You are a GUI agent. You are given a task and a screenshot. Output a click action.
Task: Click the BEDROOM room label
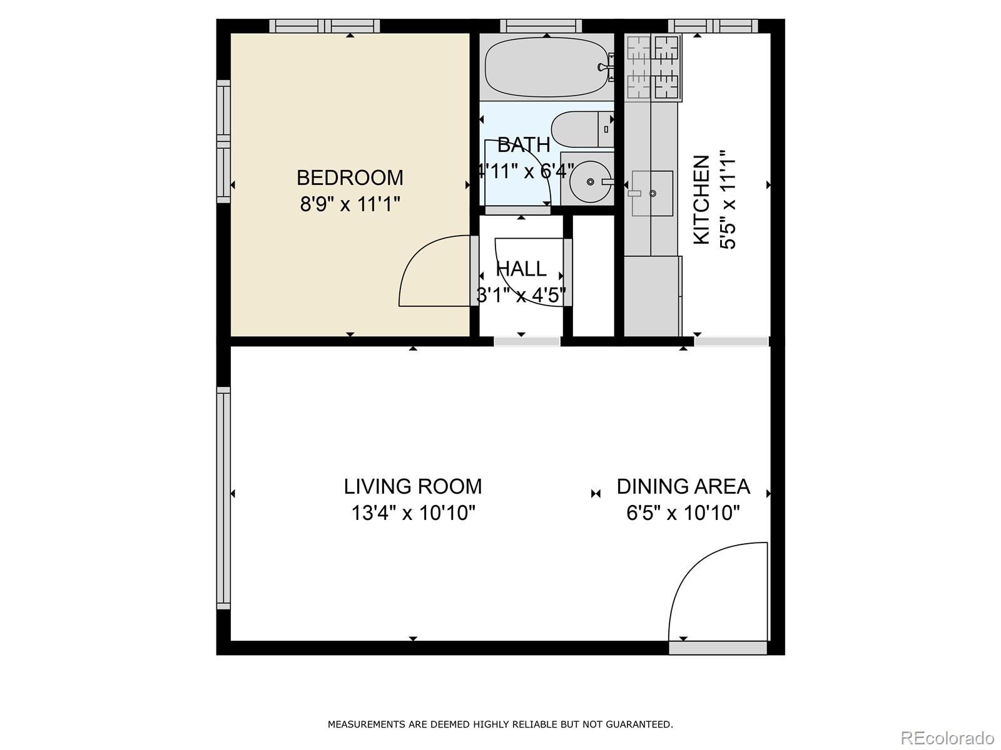coord(350,178)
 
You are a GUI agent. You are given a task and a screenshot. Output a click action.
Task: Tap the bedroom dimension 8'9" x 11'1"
coord(350,204)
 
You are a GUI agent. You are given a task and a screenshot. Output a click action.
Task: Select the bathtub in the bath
coord(546,68)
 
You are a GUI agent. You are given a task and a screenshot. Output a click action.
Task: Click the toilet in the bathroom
coord(582,129)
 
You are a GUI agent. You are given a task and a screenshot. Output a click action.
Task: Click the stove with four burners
coord(653,68)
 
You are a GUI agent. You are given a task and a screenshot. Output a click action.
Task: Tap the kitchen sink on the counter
coord(652,194)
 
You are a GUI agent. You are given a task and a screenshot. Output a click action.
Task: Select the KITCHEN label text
coord(701,200)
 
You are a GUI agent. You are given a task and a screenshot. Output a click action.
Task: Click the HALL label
coord(521,269)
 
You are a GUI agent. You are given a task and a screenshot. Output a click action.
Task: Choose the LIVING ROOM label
coord(413,486)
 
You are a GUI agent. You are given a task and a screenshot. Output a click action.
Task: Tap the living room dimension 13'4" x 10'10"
coord(413,513)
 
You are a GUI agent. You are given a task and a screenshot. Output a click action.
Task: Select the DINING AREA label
coord(683,486)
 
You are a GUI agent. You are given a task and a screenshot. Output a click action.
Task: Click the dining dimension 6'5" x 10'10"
coord(683,513)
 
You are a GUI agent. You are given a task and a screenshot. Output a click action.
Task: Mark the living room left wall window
coord(223,498)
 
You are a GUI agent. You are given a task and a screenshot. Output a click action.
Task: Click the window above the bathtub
coord(541,26)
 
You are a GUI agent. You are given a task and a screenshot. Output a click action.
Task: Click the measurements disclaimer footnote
coord(500,725)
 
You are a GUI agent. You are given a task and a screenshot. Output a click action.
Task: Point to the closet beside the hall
coord(594,275)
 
